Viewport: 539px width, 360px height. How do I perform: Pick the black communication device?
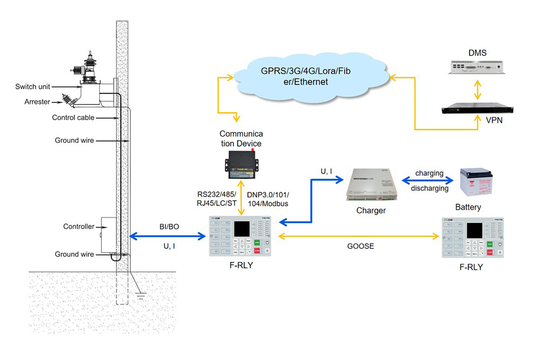[x=241, y=163]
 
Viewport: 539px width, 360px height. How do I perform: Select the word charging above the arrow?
[x=429, y=174]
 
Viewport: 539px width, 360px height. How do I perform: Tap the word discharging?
[x=429, y=188]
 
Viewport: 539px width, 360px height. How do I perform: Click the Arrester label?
[x=37, y=101]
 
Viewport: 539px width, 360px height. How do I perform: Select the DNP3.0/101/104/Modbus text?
[x=268, y=199]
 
